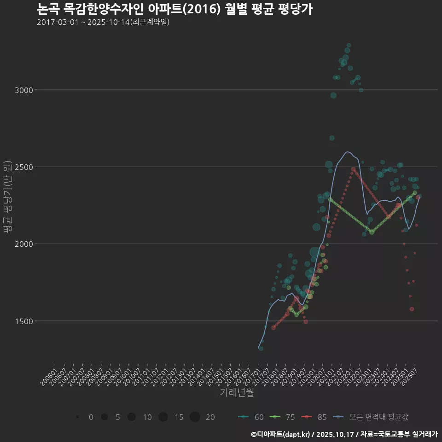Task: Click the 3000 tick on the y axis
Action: (24, 90)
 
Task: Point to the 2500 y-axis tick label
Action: (24, 167)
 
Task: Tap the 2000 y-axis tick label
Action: (24, 244)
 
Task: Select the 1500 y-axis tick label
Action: (24, 321)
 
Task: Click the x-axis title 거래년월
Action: (237, 393)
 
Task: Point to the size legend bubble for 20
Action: (195, 417)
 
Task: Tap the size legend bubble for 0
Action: (78, 417)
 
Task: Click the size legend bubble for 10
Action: (132, 417)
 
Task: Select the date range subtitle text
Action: (103, 22)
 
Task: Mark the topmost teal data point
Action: (349, 45)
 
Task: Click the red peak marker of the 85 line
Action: (353, 169)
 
